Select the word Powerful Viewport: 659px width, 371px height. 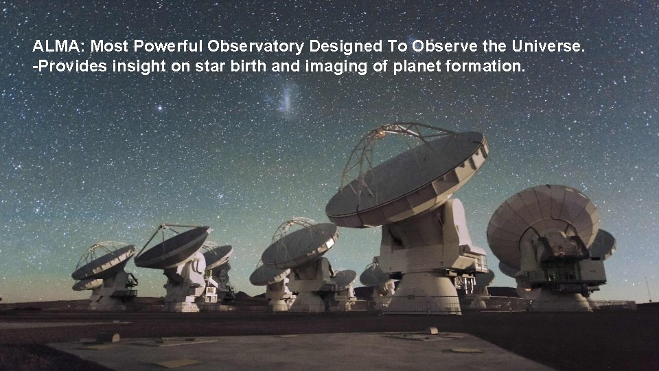pyautogui.click(x=167, y=47)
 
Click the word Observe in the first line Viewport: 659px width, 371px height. pyautogui.click(x=438, y=47)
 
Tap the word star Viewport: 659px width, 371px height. pyautogui.click(x=187, y=67)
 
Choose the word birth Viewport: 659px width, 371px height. pyautogui.click(x=222, y=67)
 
